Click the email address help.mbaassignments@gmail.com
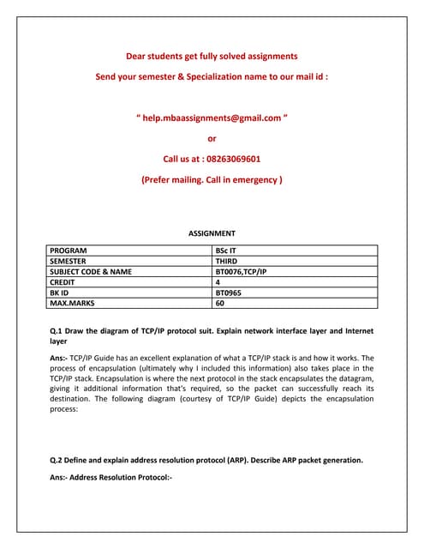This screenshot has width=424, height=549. pyautogui.click(x=212, y=118)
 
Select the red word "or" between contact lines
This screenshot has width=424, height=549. pyautogui.click(x=212, y=138)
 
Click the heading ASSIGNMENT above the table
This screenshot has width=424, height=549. pyautogui.click(x=212, y=233)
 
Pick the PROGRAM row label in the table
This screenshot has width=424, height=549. pyautogui.click(x=69, y=250)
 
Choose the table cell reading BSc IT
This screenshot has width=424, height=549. pyautogui.click(x=228, y=250)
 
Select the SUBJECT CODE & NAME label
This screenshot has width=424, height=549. pyautogui.click(x=91, y=271)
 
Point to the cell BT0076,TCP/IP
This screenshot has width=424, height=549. pyautogui.click(x=241, y=271)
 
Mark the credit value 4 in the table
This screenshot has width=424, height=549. pyautogui.click(x=218, y=281)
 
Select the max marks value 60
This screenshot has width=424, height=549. pyautogui.click(x=219, y=302)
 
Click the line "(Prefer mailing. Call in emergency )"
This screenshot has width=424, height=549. pyautogui.click(x=212, y=179)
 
